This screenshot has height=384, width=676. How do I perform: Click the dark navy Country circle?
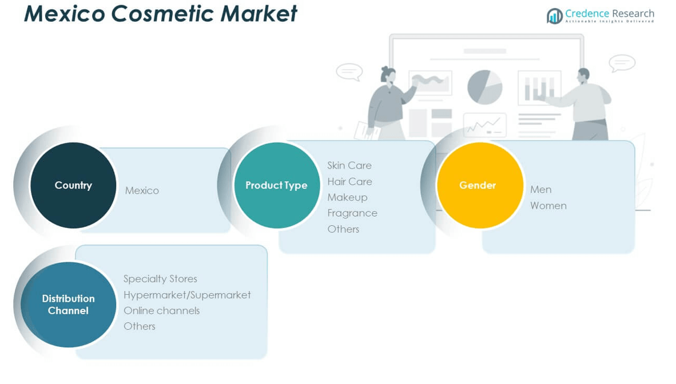click(73, 185)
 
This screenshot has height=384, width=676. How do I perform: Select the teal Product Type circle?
click(277, 185)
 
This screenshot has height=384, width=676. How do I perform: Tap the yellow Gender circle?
click(480, 185)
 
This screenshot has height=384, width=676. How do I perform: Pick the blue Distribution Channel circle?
click(68, 305)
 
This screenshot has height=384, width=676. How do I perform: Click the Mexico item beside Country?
click(142, 190)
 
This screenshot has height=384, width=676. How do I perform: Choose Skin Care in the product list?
click(349, 166)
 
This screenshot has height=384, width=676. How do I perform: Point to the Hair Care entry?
click(349, 182)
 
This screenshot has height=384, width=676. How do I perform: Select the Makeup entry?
click(348, 197)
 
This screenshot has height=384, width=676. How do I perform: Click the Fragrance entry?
click(352, 213)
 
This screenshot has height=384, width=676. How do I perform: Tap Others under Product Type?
click(343, 229)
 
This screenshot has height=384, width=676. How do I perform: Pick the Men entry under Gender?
click(540, 190)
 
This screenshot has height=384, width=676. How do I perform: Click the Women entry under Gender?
click(548, 206)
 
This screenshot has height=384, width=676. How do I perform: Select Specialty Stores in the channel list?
click(160, 279)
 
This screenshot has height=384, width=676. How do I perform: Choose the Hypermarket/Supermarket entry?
click(187, 295)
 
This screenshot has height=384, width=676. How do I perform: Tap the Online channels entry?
click(162, 311)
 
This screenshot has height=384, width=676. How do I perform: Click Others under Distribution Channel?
click(139, 326)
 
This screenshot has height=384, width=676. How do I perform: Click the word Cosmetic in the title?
click(163, 13)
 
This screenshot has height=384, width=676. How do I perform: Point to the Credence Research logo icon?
click(554, 16)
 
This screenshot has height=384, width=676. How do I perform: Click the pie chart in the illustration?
click(484, 87)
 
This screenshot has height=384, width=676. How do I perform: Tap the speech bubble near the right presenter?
click(622, 63)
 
